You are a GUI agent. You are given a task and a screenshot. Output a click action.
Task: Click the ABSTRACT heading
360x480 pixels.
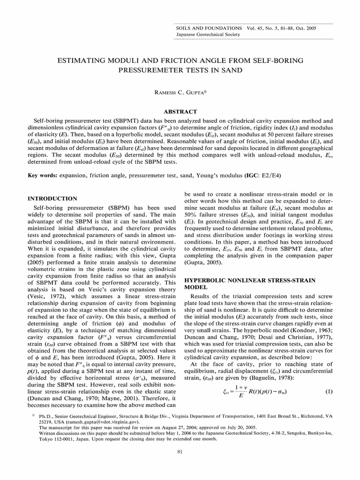tap(180, 112)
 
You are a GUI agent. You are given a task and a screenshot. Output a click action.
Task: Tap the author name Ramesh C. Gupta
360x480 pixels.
tap(180, 93)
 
